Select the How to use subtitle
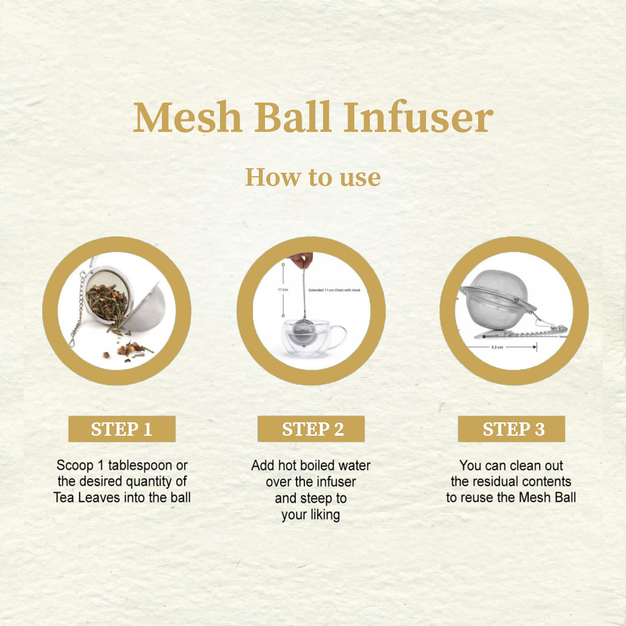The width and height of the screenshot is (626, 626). pyautogui.click(x=313, y=177)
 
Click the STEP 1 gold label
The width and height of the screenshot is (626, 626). pyautogui.click(x=122, y=429)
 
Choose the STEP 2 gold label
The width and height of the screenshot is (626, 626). pyautogui.click(x=311, y=429)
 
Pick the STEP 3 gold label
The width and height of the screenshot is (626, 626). pyautogui.click(x=512, y=429)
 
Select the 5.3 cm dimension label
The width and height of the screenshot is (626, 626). pyautogui.click(x=497, y=347)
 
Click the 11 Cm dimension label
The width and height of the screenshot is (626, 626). pyautogui.click(x=283, y=290)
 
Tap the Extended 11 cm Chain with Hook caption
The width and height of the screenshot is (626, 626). pyautogui.click(x=334, y=290)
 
